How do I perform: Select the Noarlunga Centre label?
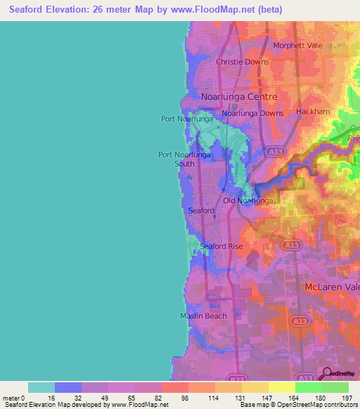pyautogui.click(x=239, y=96)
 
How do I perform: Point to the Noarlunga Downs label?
pyautogui.click(x=252, y=113)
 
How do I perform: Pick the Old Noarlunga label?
pyautogui.click(x=247, y=201)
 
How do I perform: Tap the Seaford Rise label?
pyautogui.click(x=221, y=246)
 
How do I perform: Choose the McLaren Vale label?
pyautogui.click(x=332, y=287)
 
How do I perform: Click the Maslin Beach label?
pyautogui.click(x=202, y=316)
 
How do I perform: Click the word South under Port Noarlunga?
pyautogui.click(x=184, y=164)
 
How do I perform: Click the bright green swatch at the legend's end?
pyautogui.click(x=335, y=387)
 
